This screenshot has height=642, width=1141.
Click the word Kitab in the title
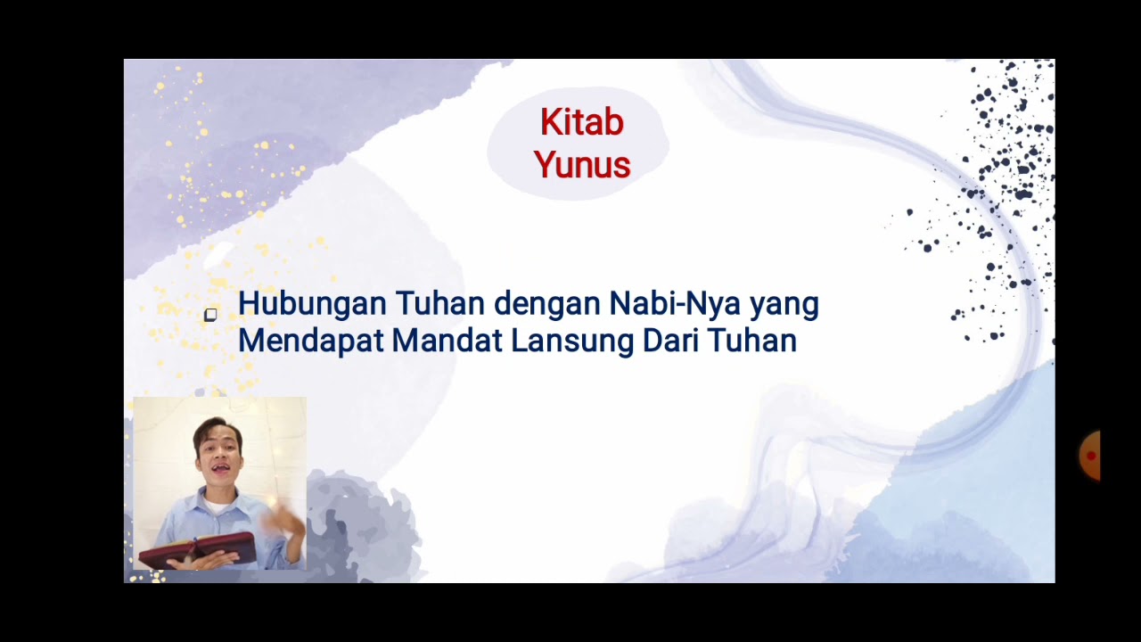582,122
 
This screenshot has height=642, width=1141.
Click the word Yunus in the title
582,165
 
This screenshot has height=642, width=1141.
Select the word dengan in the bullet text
547,305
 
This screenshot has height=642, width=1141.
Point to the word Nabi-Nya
675,305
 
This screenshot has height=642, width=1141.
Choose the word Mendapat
311,341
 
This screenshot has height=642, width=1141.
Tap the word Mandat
447,341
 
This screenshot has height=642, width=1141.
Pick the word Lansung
572,342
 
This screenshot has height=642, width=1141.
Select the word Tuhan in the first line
440,304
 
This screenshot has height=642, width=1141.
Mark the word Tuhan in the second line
751,341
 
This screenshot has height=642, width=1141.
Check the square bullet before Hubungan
210,315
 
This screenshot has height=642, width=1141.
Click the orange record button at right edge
1090,456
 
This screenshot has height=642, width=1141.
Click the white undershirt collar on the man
217,506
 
